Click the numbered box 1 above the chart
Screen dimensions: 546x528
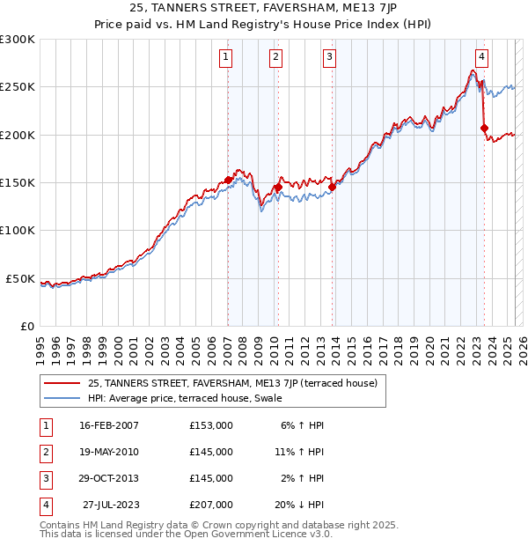click(226, 58)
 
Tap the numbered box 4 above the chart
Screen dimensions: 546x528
click(482, 58)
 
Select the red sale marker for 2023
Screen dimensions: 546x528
click(485, 129)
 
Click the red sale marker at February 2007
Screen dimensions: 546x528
click(228, 180)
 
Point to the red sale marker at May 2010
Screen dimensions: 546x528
click(278, 188)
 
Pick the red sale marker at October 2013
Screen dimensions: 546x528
click(333, 188)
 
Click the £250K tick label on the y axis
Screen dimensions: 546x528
click(18, 87)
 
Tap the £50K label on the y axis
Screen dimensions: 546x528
click(20, 278)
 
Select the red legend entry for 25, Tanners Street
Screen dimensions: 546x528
click(232, 383)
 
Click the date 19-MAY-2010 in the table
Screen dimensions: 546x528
click(109, 452)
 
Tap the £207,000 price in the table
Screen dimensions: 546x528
click(211, 505)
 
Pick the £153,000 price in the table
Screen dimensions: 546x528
click(211, 425)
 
